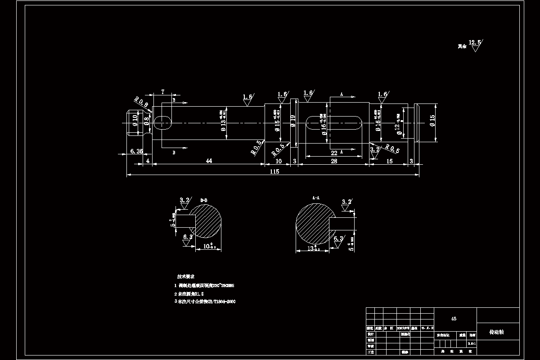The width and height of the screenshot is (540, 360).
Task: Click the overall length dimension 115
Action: [x=274, y=171]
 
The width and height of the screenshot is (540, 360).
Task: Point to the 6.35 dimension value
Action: [x=136, y=151]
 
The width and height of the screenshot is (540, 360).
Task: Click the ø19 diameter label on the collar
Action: [x=293, y=122]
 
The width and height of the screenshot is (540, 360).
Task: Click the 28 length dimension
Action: [x=334, y=161]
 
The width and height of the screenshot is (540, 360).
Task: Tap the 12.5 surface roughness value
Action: [x=475, y=43]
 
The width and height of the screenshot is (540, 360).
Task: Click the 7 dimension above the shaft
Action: [x=162, y=92]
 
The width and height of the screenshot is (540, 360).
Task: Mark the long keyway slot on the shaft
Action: [x=334, y=123]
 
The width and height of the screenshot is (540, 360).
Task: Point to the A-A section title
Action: [x=315, y=198]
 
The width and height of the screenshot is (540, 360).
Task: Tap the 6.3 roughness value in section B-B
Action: [x=188, y=236]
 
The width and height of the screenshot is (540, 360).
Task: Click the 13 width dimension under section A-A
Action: [x=311, y=248]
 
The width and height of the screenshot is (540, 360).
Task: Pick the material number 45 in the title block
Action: [x=454, y=319]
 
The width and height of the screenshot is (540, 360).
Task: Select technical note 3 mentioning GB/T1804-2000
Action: [x=205, y=301]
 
